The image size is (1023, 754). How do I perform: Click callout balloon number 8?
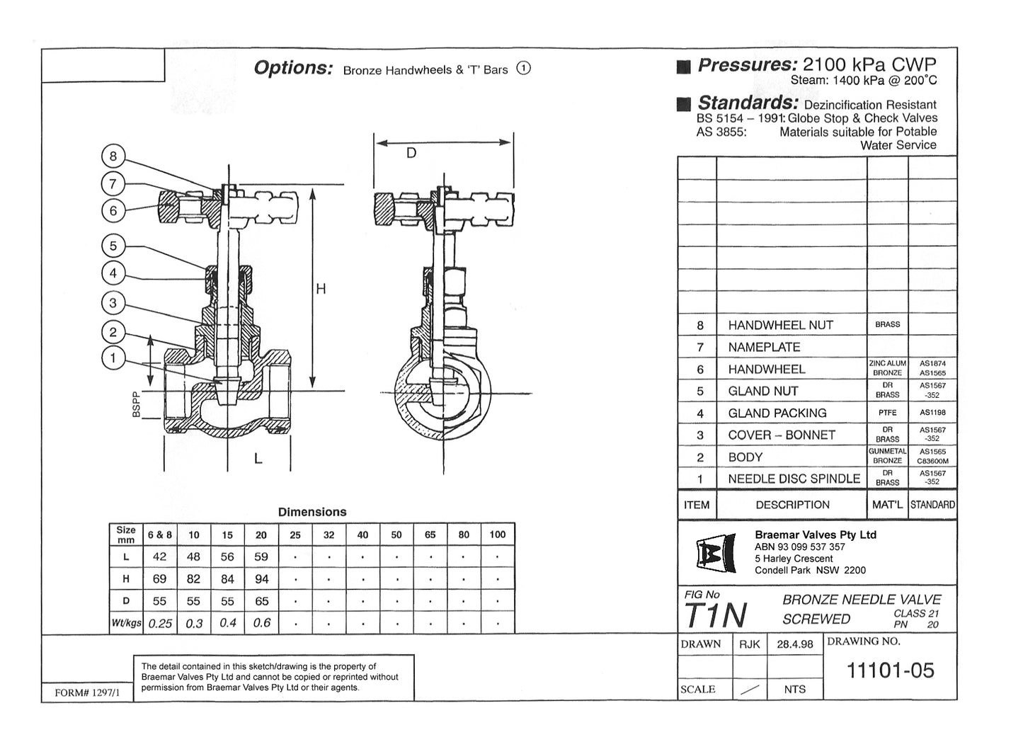coord(113,156)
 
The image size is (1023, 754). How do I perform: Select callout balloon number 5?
coord(113,246)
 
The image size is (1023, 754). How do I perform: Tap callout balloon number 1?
coord(113,358)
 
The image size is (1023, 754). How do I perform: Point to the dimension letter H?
coord(321,289)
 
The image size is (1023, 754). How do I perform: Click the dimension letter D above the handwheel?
coord(411,154)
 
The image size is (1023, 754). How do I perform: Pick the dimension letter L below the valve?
coord(258,459)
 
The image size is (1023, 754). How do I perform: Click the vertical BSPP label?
coord(137,405)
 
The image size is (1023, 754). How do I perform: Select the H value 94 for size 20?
coord(261,579)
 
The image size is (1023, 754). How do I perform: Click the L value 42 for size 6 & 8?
coord(159,557)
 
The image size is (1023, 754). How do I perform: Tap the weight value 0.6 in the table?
coord(261,623)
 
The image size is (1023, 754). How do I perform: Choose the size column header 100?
coord(497,535)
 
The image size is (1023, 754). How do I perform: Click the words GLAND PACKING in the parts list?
coord(777,413)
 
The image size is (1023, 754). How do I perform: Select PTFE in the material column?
coord(887,413)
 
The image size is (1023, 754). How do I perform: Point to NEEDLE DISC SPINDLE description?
coord(794,479)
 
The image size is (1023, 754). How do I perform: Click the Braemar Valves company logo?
coord(711,553)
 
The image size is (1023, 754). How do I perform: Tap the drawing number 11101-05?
coord(890,670)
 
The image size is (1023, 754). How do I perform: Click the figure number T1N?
coord(715,615)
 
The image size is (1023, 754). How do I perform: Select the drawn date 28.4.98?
coord(794,644)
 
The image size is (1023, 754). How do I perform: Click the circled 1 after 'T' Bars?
coord(523,69)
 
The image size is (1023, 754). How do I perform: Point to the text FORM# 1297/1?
coord(87,693)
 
